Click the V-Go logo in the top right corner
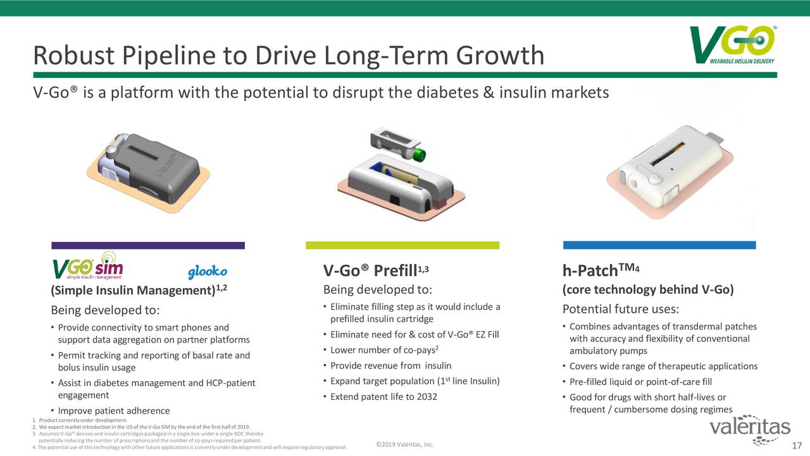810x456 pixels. pos(732,45)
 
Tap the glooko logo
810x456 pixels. pos(208,272)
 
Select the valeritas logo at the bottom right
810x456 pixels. pos(750,429)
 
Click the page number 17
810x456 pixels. pos(797,445)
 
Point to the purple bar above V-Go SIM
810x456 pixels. pos(148,245)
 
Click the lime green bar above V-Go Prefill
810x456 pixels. pos(402,245)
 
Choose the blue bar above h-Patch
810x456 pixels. pos(659,245)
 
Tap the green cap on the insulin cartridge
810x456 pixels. pos(420,155)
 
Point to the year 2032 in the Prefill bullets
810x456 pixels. pos(427,396)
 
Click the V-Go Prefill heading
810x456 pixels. pos(376,270)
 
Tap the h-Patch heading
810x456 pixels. pos(601,270)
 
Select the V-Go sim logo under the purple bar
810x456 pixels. pos(88,266)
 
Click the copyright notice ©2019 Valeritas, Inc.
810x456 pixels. pos(405,445)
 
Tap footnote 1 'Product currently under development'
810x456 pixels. pos(80,420)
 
